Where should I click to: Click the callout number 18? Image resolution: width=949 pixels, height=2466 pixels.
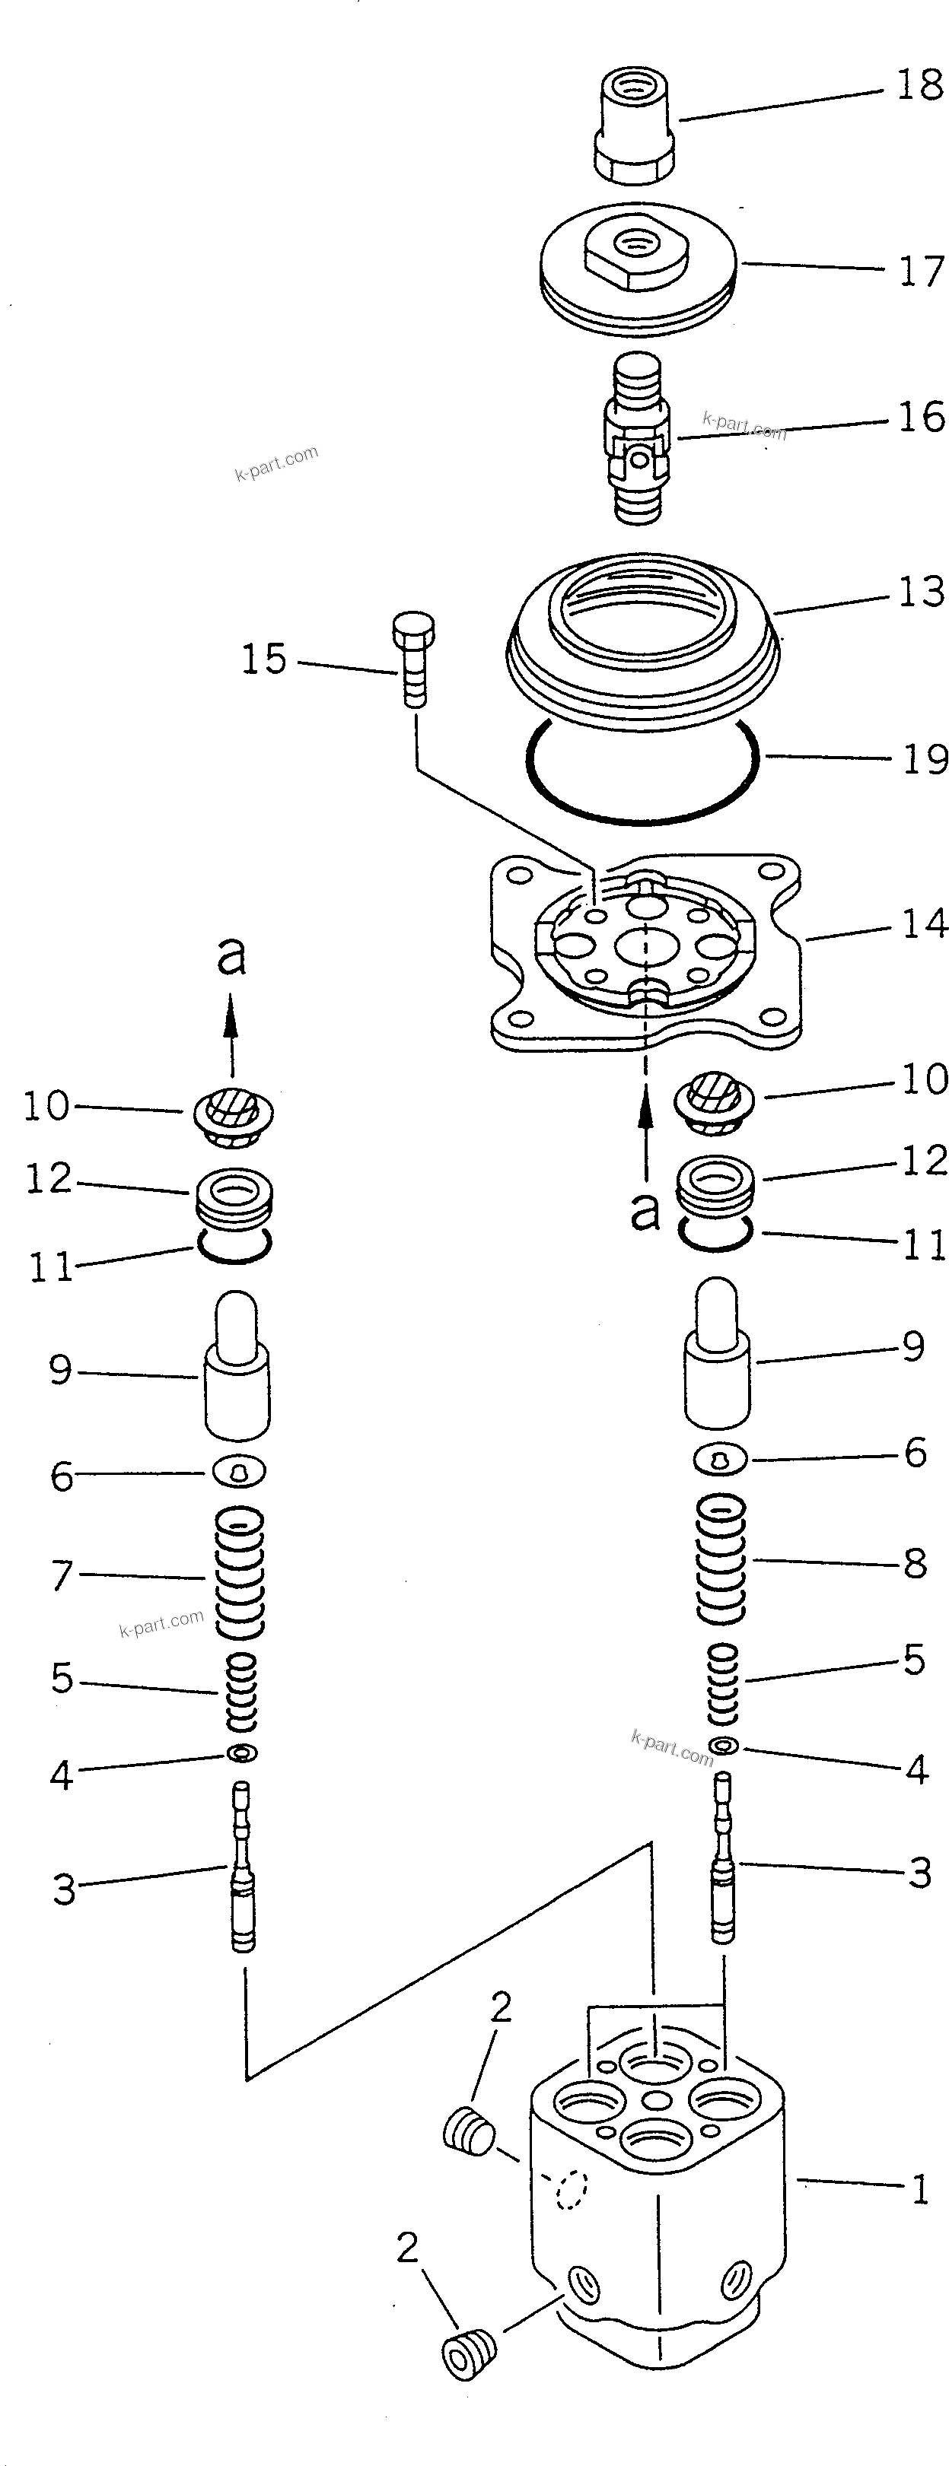pos(919,86)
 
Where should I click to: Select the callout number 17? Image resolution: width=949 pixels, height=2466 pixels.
pos(920,272)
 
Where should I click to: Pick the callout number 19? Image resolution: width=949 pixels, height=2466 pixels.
pos(924,760)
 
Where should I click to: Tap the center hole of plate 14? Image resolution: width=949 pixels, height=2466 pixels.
pos(645,948)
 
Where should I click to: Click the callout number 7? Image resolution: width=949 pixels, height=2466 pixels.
pos(62,1575)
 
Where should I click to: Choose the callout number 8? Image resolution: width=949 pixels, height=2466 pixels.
pos(915,1564)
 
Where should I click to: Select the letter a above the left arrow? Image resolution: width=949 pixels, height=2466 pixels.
pos(231,955)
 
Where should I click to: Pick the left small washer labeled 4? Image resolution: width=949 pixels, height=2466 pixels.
pos(242,1753)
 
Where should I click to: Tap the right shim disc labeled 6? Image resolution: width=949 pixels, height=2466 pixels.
pos(720,1459)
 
